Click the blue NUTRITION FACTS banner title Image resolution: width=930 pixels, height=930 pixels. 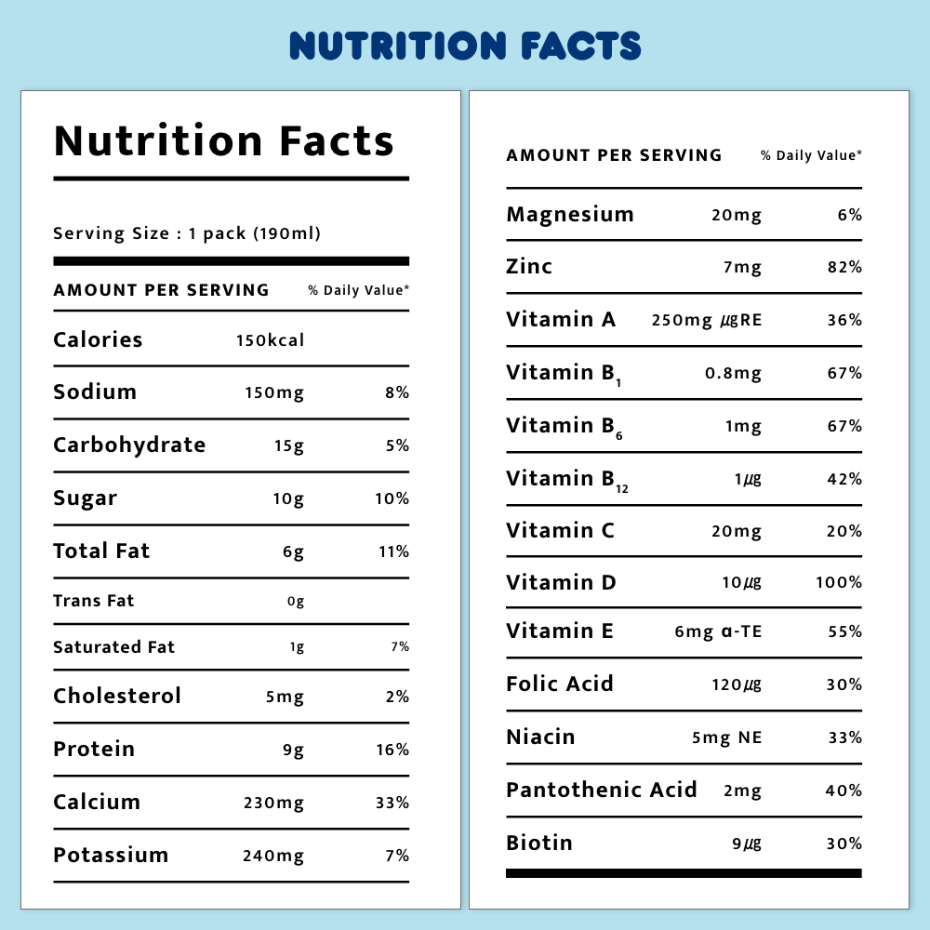click(x=465, y=46)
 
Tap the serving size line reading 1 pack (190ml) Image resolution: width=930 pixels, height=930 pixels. click(x=187, y=233)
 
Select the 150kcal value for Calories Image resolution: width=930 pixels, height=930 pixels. click(x=270, y=340)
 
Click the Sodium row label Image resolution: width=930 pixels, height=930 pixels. click(x=95, y=392)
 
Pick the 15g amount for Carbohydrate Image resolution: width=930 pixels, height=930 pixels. click(x=289, y=445)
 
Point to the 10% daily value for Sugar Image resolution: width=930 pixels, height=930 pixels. click(x=392, y=498)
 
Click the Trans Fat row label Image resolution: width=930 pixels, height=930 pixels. click(x=94, y=601)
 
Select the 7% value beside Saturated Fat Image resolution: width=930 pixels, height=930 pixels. click(x=399, y=647)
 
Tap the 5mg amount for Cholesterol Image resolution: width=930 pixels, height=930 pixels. click(x=285, y=697)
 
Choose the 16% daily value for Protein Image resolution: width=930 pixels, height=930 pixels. click(x=392, y=750)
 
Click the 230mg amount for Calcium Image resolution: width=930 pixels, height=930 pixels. click(x=273, y=803)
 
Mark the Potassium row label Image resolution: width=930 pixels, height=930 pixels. click(x=111, y=856)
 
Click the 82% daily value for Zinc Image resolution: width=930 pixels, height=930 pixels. click(x=845, y=268)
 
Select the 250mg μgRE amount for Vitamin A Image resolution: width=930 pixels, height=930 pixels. click(x=706, y=321)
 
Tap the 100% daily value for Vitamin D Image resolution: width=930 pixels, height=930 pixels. click(x=838, y=583)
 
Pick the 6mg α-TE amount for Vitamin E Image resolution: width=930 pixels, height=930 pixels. click(x=718, y=632)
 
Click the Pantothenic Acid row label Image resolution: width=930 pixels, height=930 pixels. click(x=601, y=790)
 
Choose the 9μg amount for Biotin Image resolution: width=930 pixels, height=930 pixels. click(x=747, y=844)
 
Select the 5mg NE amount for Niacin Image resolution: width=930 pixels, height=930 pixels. click(x=726, y=738)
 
